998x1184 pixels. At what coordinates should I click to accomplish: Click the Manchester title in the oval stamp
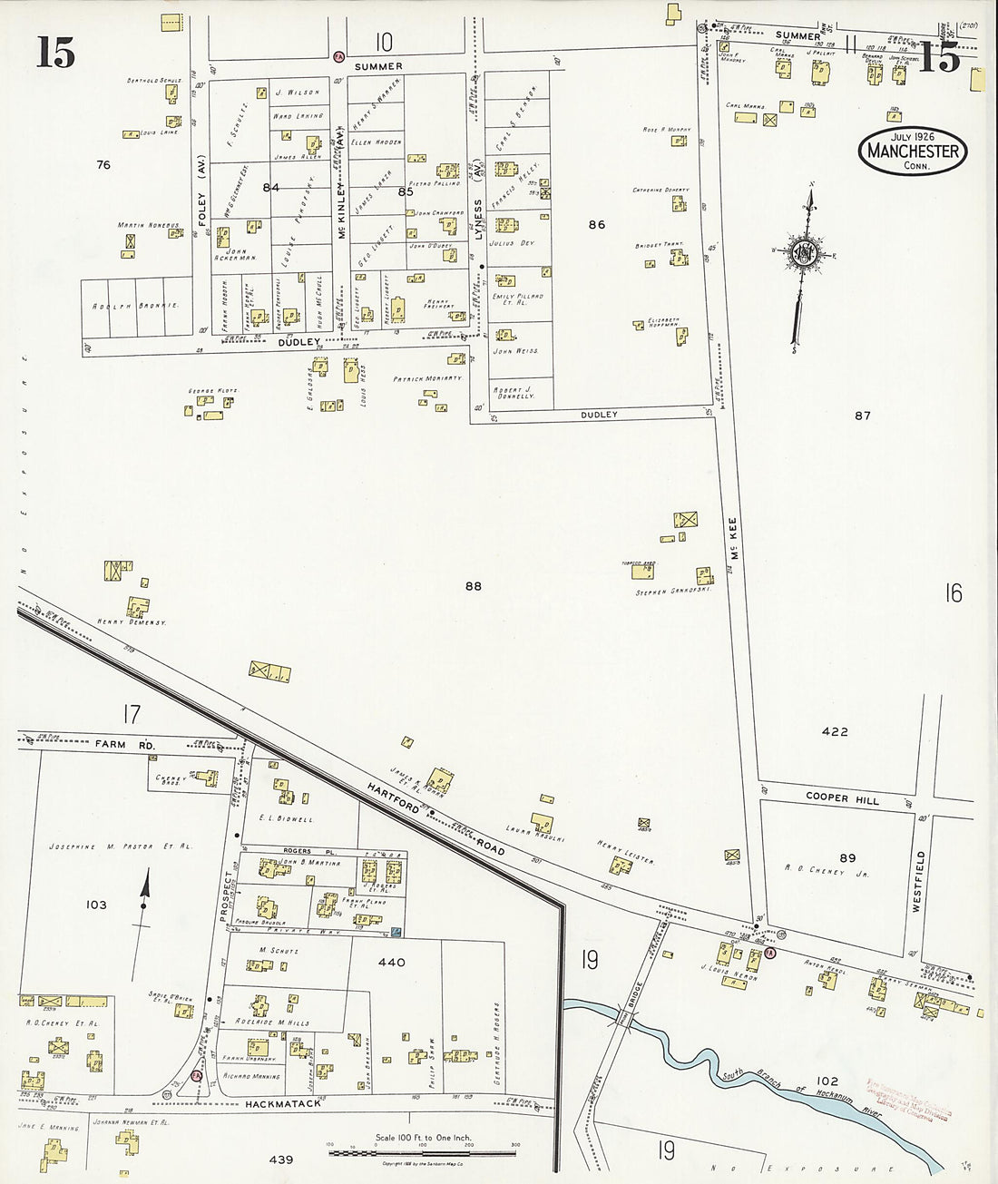[913, 152]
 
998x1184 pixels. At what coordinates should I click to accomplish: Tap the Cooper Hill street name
[842, 798]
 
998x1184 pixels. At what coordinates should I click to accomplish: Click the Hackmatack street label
[283, 1104]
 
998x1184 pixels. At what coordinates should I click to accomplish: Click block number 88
[473, 586]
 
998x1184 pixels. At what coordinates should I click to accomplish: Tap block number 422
[834, 731]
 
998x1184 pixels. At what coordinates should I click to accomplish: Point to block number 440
[391, 962]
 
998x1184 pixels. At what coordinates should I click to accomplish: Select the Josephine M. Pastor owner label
[120, 846]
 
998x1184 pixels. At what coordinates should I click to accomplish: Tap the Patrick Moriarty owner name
[427, 378]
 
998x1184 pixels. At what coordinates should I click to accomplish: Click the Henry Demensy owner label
[132, 622]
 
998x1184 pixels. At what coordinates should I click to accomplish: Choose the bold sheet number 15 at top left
[54, 54]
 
